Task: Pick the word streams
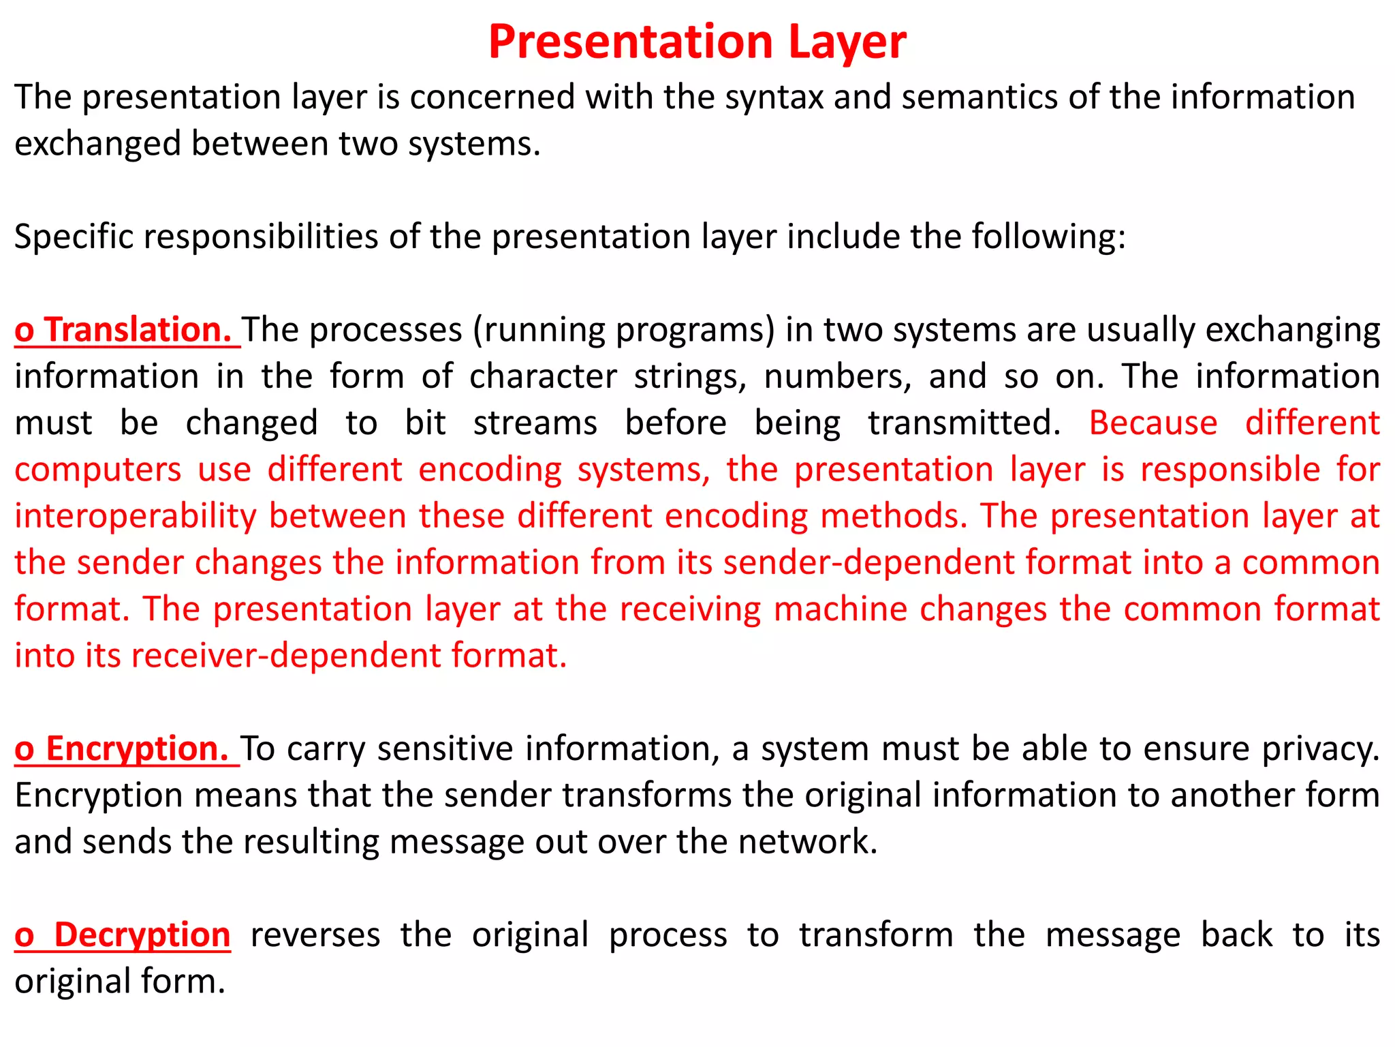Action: pyautogui.click(x=535, y=423)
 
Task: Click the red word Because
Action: pyautogui.click(x=1153, y=423)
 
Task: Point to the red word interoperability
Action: pyautogui.click(x=136, y=516)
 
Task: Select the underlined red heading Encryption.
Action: pyautogui.click(x=136, y=748)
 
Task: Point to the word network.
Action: pyautogui.click(x=808, y=842)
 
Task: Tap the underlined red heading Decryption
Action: pyautogui.click(x=142, y=935)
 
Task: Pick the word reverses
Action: pyautogui.click(x=315, y=935)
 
